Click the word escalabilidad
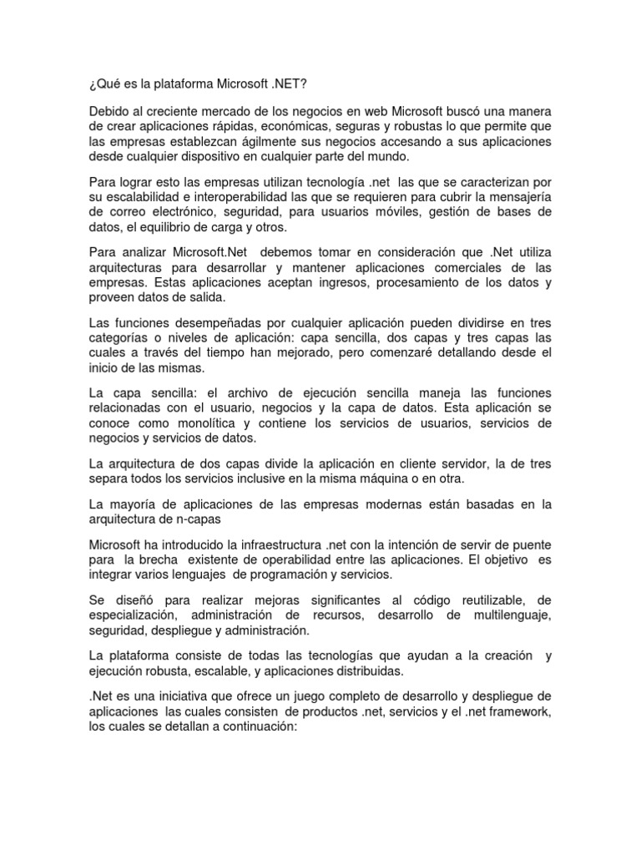click(x=144, y=199)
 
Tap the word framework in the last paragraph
click(x=519, y=712)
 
